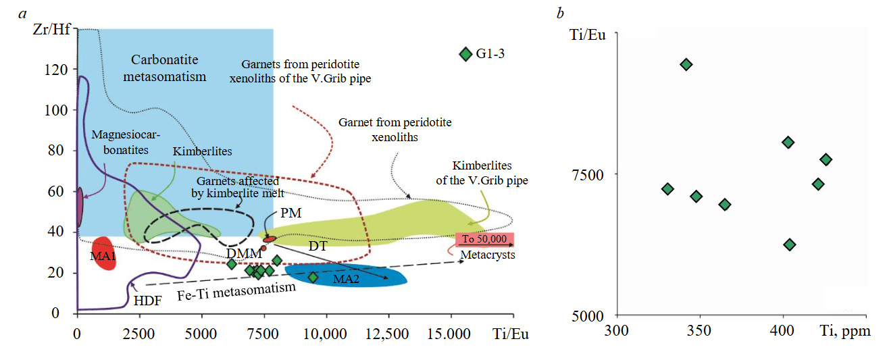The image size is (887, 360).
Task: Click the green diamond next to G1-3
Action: pyautogui.click(x=465, y=54)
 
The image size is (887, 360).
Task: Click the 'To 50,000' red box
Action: pyautogui.click(x=484, y=239)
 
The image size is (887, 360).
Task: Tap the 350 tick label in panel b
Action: pyautogui.click(x=699, y=332)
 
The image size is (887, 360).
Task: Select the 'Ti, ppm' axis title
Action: pyautogui.click(x=844, y=332)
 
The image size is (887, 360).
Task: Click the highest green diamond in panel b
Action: pyautogui.click(x=686, y=64)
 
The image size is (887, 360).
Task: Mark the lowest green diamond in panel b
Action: pyautogui.click(x=789, y=245)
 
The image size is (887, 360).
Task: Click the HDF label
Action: pyautogui.click(x=147, y=301)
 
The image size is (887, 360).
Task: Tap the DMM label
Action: pyautogui.click(x=244, y=253)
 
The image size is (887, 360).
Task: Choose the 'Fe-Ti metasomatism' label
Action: pyautogui.click(x=236, y=292)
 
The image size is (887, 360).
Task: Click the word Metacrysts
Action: pyautogui.click(x=488, y=255)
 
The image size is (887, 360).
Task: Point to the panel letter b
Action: pyautogui.click(x=560, y=13)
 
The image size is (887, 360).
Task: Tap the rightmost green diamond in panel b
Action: pyautogui.click(x=826, y=159)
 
